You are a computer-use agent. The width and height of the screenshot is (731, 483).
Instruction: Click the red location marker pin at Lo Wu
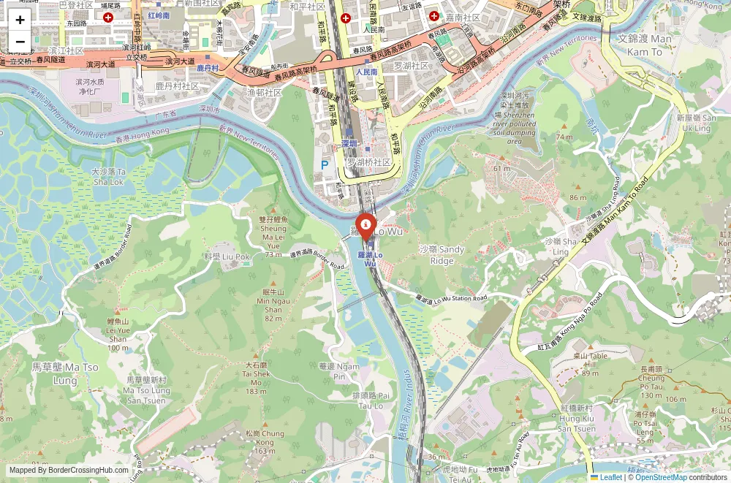click(x=365, y=226)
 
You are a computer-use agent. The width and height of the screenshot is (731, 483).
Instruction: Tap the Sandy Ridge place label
click(x=442, y=255)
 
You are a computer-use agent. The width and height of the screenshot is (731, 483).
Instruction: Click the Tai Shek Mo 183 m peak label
click(x=256, y=378)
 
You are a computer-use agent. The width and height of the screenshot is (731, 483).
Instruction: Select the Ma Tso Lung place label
click(x=65, y=373)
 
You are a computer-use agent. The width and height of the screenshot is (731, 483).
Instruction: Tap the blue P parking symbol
click(x=325, y=165)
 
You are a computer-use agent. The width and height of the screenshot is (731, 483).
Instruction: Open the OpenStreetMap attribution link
click(x=661, y=477)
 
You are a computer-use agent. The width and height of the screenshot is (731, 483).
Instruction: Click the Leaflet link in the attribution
click(x=607, y=477)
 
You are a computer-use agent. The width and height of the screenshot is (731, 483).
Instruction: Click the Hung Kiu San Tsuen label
click(x=576, y=418)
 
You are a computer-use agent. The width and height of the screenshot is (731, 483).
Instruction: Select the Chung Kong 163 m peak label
click(x=265, y=441)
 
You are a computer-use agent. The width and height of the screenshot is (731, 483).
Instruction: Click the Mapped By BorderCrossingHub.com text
click(x=69, y=471)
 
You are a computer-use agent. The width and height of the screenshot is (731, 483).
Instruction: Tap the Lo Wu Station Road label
click(x=451, y=298)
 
